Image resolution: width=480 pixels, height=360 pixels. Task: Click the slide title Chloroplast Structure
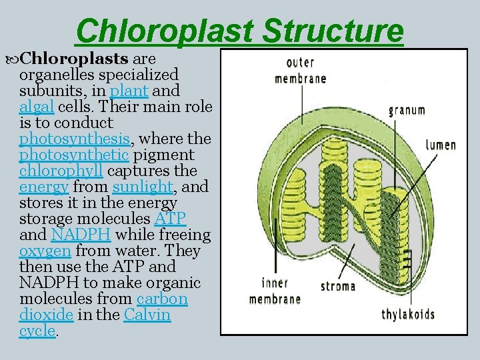coord(240,31)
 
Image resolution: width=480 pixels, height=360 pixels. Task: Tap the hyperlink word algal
coord(37,107)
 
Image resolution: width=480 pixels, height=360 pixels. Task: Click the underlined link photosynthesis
coord(75,139)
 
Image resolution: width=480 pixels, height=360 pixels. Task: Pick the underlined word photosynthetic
coord(74,155)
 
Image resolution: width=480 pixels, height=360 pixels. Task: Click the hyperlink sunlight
coord(141,187)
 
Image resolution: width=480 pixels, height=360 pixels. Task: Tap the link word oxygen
coord(45,251)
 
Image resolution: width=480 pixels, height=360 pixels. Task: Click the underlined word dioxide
coord(45,315)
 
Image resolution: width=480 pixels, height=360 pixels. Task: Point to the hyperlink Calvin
coord(147,315)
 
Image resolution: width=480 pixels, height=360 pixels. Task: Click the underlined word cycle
coord(37,331)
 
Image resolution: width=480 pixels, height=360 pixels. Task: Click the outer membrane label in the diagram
coord(301,71)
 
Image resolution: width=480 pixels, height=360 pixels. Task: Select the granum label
coord(407,110)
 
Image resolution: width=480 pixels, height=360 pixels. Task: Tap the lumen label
coord(441,145)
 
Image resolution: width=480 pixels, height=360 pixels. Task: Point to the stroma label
coord(338,287)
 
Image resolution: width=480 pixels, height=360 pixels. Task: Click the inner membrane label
coord(274,291)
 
